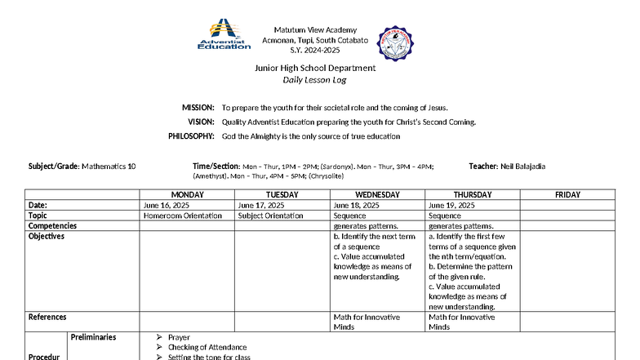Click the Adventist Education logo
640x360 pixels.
pyautogui.click(x=224, y=35)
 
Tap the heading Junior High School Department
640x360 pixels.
pyautogui.click(x=315, y=68)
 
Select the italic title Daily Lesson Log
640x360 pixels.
pyautogui.click(x=315, y=80)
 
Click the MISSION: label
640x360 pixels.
pyautogui.click(x=198, y=108)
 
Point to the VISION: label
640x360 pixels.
pyautogui.click(x=201, y=122)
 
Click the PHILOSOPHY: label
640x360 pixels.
pyautogui.click(x=191, y=136)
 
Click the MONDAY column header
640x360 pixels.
pyautogui.click(x=187, y=195)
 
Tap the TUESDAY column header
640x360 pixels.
pyautogui.click(x=282, y=195)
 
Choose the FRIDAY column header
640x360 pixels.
pyautogui.click(x=567, y=195)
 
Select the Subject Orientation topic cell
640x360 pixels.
pyautogui.click(x=271, y=216)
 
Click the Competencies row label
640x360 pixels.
pyautogui.click(x=52, y=226)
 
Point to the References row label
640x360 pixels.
pyautogui.click(x=47, y=317)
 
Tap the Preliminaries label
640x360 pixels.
pyautogui.click(x=93, y=337)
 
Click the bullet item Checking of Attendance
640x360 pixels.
pyautogui.click(x=207, y=347)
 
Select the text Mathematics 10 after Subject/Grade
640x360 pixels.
pyautogui.click(x=109, y=167)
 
